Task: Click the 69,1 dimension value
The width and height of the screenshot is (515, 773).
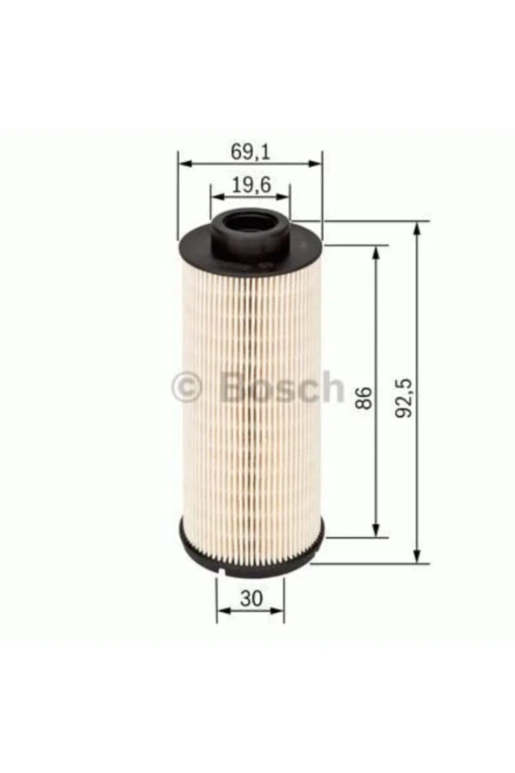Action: coord(251,151)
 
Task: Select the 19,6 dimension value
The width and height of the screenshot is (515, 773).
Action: coord(251,185)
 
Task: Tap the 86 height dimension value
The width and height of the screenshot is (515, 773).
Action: coord(364,398)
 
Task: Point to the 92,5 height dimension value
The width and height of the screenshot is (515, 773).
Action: coord(405,398)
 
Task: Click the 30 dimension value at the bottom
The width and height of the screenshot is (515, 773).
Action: coord(251,599)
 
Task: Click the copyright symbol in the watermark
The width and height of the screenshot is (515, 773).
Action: coord(187,387)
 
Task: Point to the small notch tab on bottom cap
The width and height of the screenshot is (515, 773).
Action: coord(221,573)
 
